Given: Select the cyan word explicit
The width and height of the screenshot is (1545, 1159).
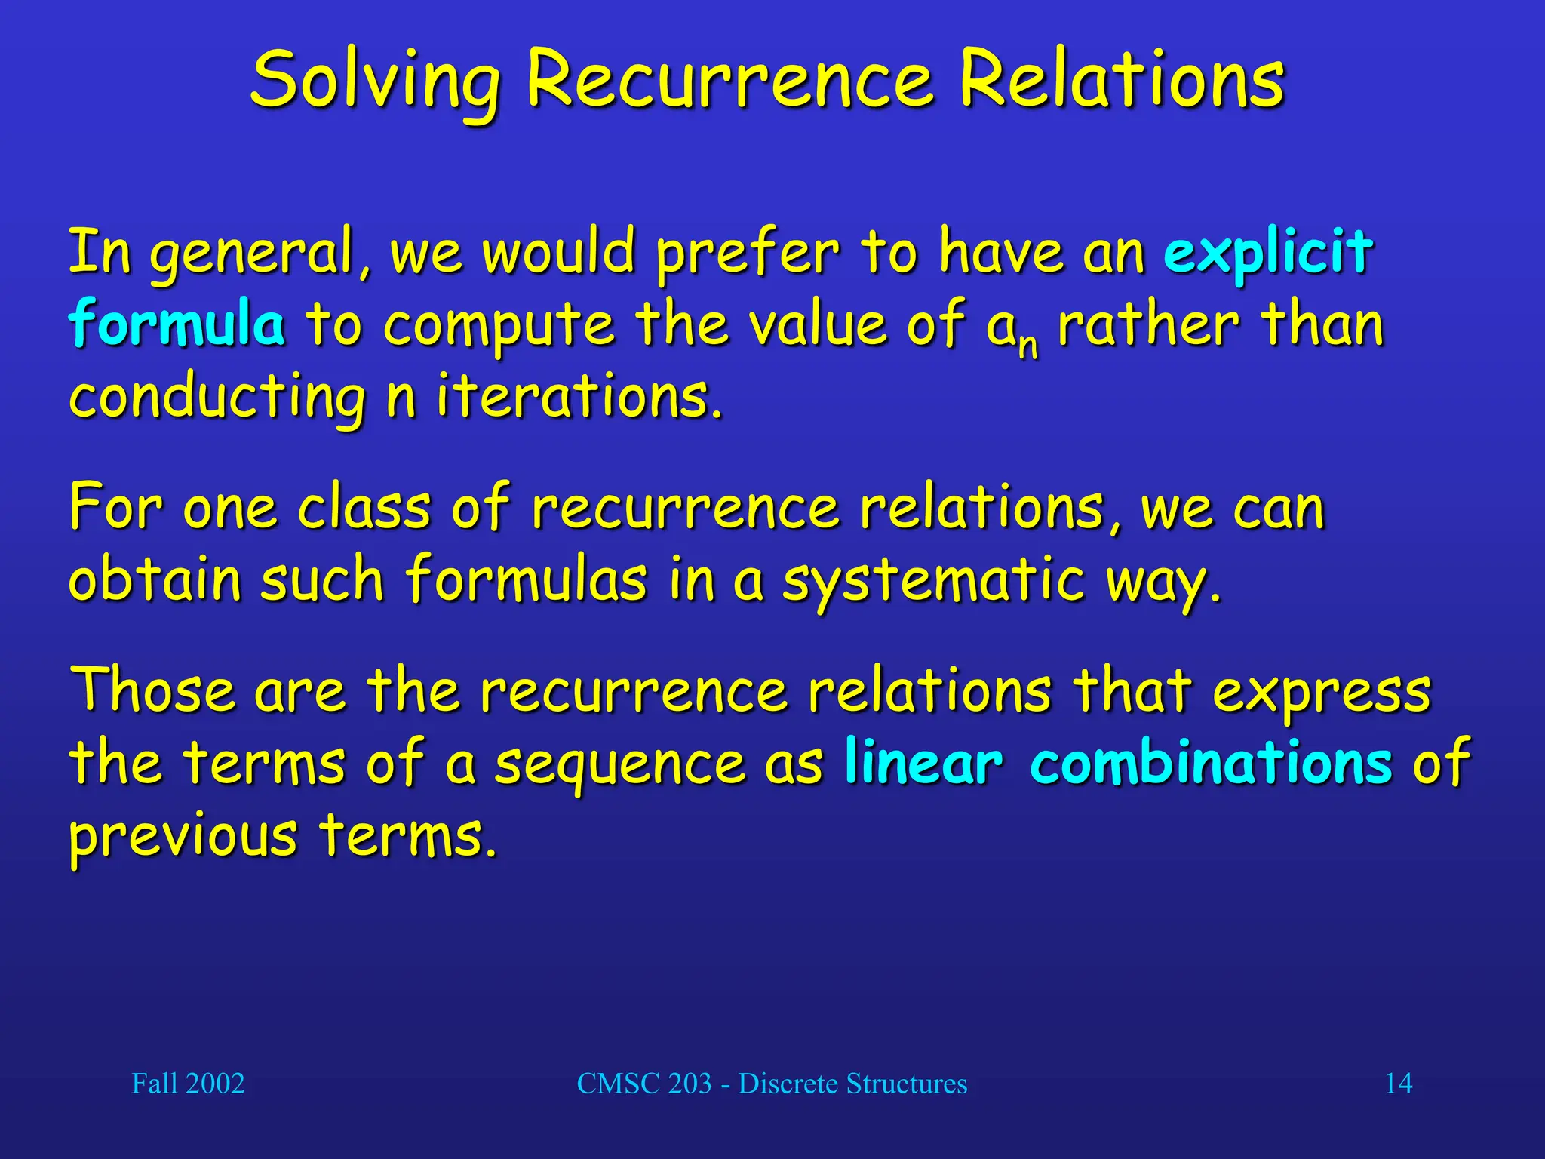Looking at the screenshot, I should (x=1267, y=253).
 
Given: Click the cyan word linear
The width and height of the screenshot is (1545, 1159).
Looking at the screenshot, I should (x=923, y=762).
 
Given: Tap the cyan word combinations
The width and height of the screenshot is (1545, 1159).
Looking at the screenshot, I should (x=1210, y=762).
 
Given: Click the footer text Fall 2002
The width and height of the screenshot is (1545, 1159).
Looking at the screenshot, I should (x=188, y=1084).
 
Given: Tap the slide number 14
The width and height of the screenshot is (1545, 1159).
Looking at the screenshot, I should (x=1398, y=1084).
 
